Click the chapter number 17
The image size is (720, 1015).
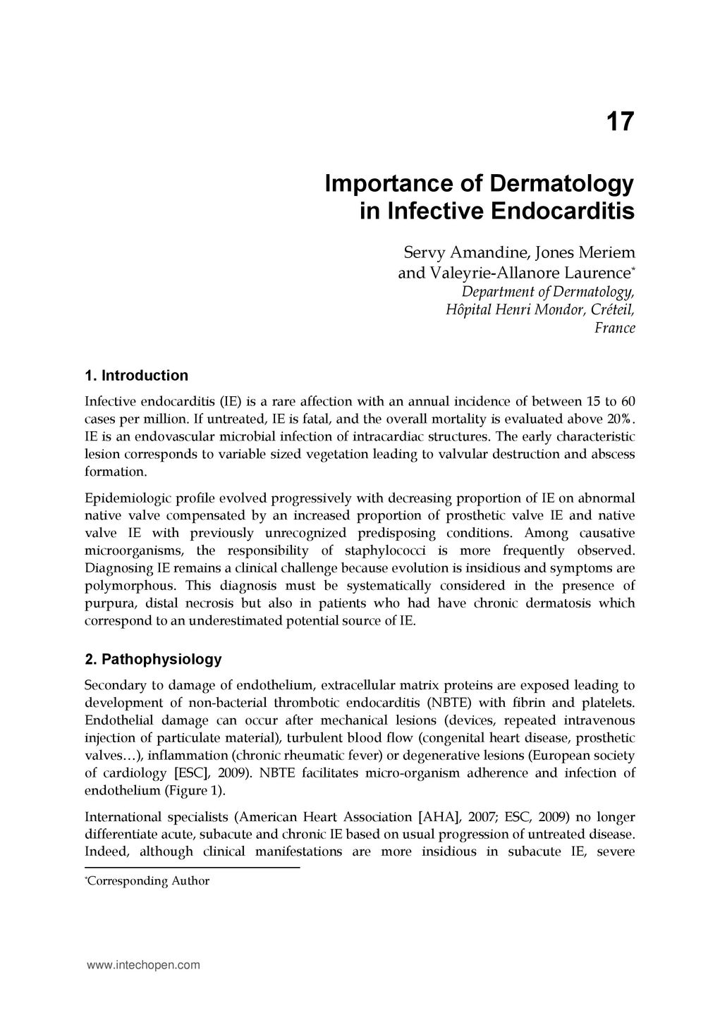[620, 122]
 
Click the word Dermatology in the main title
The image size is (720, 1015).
[561, 184]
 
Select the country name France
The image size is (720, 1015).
[615, 328]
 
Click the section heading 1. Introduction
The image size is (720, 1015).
[136, 375]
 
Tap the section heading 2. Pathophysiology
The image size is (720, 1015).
[153, 659]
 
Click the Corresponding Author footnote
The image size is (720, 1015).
[147, 881]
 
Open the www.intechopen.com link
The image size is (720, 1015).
[143, 965]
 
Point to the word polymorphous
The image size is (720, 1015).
[130, 586]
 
